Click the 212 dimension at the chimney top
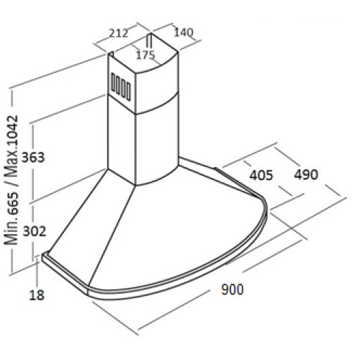click(x=118, y=33)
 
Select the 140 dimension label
click(x=184, y=32)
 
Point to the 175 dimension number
click(x=145, y=55)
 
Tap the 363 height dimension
click(x=33, y=158)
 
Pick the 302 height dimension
click(x=34, y=231)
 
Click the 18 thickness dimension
click(x=37, y=295)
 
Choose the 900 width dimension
click(x=233, y=289)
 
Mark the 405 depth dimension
click(x=261, y=175)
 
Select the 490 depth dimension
click(x=306, y=174)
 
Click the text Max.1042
click(x=12, y=146)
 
